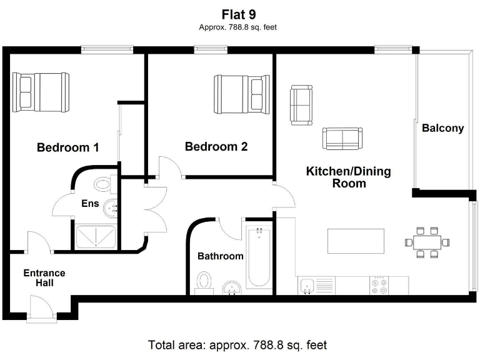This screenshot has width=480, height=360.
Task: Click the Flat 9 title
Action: point(237,14)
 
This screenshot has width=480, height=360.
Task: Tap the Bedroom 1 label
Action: point(67,148)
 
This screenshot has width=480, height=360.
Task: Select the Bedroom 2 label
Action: point(216,147)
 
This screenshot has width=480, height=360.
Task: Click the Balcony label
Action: point(442,128)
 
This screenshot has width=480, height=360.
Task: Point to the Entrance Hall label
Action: point(44,278)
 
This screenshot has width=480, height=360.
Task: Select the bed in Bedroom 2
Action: point(242,93)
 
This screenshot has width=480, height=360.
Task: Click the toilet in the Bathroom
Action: point(203,282)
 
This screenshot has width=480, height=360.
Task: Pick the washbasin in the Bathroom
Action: point(233,287)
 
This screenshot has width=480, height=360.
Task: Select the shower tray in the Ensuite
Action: point(96,237)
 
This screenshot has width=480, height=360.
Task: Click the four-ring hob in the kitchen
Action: point(379,286)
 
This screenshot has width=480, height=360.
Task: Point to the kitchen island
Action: point(356,240)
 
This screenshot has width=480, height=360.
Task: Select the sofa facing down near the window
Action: point(302,106)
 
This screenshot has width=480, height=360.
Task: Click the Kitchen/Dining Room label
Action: point(348,177)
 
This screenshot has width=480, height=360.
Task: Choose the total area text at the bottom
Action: point(237,344)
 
